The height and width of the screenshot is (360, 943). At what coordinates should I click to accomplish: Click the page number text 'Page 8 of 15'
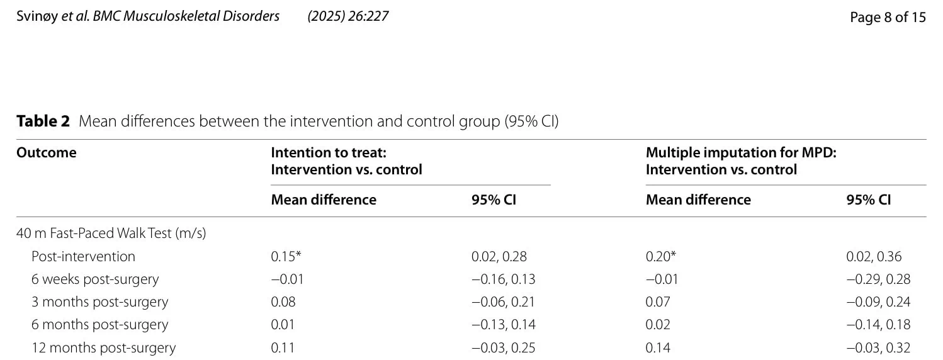tap(888, 17)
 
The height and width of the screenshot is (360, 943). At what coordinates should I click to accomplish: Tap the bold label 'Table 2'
tap(43, 121)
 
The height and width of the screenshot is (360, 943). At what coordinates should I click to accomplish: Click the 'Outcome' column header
tap(47, 152)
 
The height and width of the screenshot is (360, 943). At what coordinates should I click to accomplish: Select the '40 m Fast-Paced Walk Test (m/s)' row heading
tap(111, 233)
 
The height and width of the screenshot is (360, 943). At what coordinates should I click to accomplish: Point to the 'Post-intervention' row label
tap(83, 256)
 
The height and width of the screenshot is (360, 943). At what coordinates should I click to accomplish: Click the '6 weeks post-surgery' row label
tap(95, 279)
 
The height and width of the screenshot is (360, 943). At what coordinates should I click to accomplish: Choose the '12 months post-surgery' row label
tap(104, 348)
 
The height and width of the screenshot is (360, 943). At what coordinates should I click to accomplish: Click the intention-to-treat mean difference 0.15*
tap(286, 256)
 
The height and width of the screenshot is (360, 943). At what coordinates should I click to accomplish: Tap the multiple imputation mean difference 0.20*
tap(661, 256)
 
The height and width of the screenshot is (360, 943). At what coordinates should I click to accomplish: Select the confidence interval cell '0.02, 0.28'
tap(499, 256)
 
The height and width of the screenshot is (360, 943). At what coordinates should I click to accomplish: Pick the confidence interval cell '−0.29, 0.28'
tap(879, 279)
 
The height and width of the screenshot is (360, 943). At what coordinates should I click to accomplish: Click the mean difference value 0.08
tap(283, 302)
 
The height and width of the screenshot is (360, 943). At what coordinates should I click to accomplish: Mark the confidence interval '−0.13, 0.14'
tap(504, 325)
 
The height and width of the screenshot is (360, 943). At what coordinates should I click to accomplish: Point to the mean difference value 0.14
tap(658, 348)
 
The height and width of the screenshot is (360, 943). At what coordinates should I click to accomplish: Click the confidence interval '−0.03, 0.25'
tap(504, 348)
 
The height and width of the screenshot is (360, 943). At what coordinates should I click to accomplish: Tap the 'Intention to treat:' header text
tap(329, 152)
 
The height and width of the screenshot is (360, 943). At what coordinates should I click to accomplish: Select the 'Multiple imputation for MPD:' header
tap(741, 152)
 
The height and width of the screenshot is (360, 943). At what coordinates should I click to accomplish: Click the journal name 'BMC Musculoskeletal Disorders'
tap(186, 16)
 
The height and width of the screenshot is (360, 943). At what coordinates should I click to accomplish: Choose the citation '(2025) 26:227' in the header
tap(348, 16)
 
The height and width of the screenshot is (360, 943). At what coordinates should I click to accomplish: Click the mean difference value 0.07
tap(658, 302)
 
